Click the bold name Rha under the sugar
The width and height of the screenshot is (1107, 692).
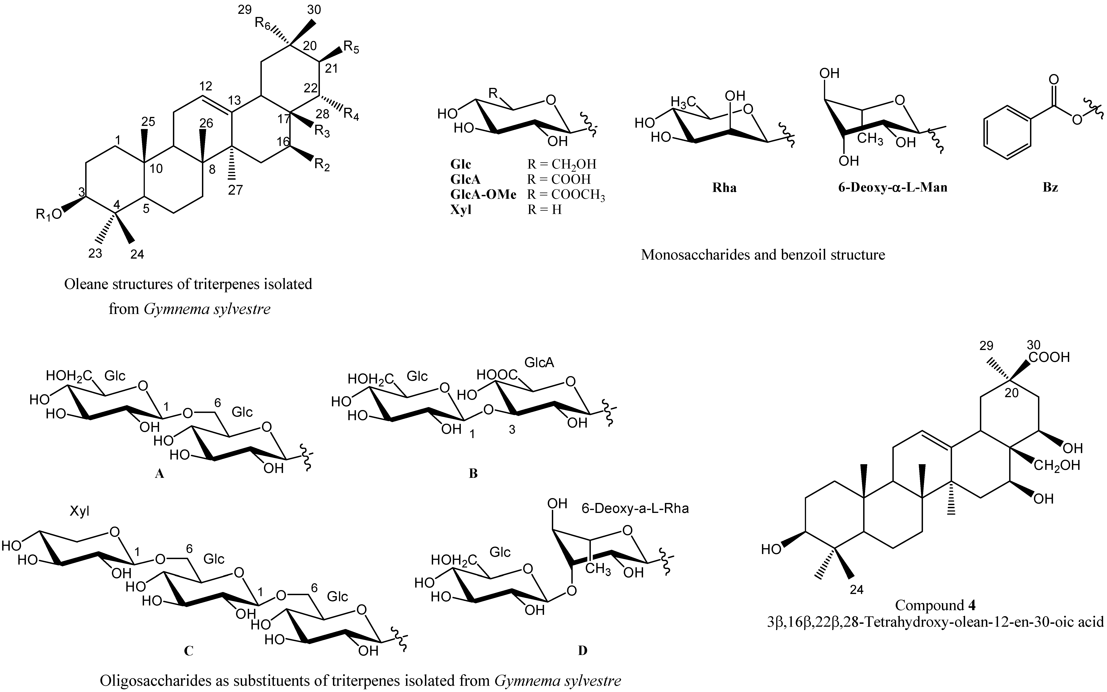(724, 188)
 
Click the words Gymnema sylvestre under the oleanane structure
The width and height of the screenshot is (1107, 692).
(207, 309)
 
